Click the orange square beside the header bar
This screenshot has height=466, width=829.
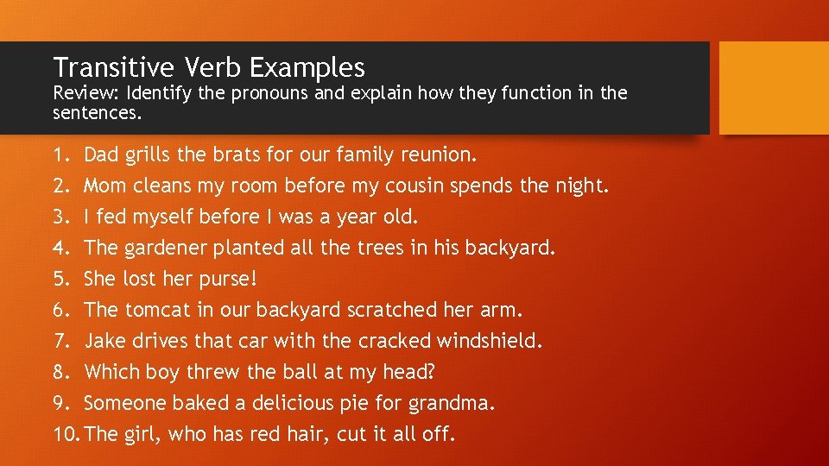[x=773, y=88]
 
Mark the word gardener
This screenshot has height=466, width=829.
[x=164, y=249]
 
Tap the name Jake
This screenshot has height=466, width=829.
[x=104, y=342]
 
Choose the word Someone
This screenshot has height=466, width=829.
[x=121, y=404]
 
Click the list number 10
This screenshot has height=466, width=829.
[x=66, y=435]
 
